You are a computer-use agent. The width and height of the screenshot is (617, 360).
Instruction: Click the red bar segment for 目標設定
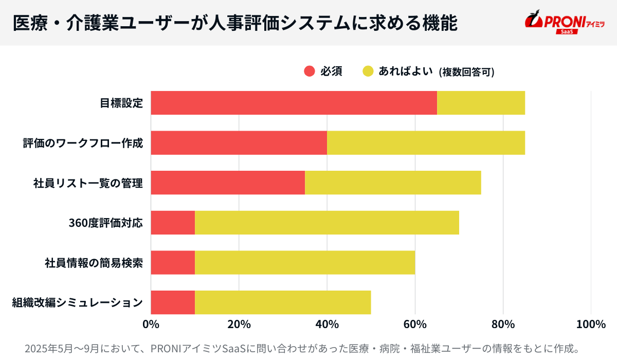[x=294, y=103]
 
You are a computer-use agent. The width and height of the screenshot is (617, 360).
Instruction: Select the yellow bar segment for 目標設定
[x=481, y=103]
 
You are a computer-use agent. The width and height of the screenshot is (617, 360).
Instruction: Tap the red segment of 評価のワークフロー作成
[x=239, y=142]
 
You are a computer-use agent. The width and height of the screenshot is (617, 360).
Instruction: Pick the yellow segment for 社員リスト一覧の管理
[x=393, y=182]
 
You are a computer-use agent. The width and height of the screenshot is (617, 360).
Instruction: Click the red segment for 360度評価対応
[x=173, y=222]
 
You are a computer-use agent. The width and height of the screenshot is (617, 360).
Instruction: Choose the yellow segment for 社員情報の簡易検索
[x=305, y=262]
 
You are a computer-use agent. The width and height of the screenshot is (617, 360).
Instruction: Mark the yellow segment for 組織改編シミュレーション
[x=283, y=302]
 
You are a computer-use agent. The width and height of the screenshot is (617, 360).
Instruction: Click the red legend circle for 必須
[x=309, y=71]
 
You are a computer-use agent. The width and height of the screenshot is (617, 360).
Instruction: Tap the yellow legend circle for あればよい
[x=368, y=71]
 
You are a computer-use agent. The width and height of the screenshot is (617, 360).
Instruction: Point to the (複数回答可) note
[x=466, y=72]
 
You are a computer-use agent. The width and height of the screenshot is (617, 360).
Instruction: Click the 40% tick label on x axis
[x=327, y=325]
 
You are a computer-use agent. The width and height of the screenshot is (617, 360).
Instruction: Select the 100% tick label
[x=591, y=325]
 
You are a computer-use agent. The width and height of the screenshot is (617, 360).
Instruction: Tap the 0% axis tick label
[x=151, y=325]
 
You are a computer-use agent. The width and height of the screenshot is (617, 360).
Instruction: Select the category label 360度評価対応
[x=105, y=223]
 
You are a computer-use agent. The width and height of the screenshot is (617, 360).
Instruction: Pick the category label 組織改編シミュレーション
[x=77, y=302]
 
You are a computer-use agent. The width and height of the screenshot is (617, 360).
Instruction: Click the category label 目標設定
[x=121, y=103]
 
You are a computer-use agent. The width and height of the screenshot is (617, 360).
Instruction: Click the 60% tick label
[x=415, y=325]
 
